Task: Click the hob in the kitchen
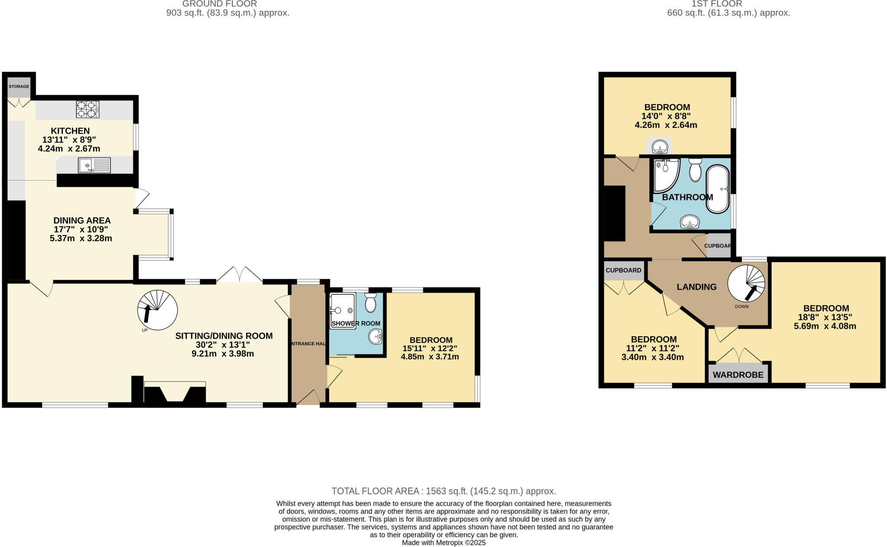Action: click(87, 109)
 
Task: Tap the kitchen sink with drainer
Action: click(94, 165)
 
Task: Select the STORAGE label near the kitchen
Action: click(19, 87)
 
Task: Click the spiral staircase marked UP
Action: click(157, 310)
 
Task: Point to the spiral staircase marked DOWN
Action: click(746, 283)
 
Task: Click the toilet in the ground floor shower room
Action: click(370, 303)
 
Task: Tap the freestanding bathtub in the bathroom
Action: click(718, 189)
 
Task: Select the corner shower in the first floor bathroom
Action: click(665, 175)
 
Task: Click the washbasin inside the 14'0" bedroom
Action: click(660, 147)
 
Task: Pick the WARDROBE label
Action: click(738, 375)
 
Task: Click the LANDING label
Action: click(696, 287)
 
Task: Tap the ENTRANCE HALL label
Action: click(308, 344)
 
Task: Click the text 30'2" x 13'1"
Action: click(223, 345)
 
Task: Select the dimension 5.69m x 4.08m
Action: click(825, 326)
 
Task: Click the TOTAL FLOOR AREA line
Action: click(443, 491)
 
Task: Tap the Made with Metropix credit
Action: click(443, 543)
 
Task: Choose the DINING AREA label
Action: click(82, 220)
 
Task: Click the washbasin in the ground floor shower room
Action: click(376, 337)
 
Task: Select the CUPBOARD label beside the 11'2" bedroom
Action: click(623, 270)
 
